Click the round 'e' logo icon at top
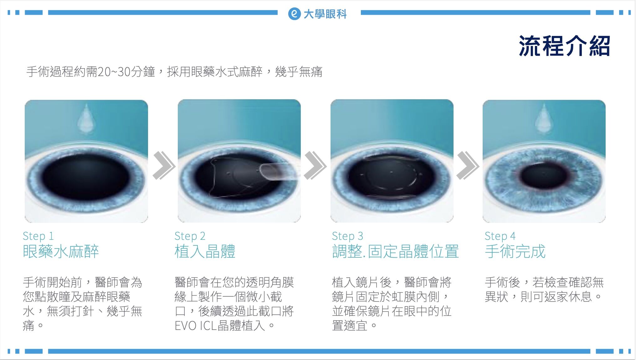click(x=294, y=14)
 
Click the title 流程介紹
click(x=564, y=46)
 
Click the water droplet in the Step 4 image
click(x=544, y=119)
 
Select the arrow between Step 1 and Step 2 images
click(x=163, y=165)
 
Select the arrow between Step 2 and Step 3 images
click(x=315, y=165)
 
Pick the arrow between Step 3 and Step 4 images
click(x=467, y=165)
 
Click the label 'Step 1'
click(x=38, y=236)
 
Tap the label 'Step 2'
click(x=190, y=236)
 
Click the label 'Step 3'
click(x=347, y=236)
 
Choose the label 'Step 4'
click(x=500, y=236)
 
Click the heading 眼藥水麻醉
click(x=61, y=252)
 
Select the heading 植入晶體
click(x=205, y=252)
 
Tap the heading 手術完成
click(x=515, y=252)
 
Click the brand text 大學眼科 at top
click(x=325, y=14)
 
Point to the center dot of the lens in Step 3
click(x=391, y=172)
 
